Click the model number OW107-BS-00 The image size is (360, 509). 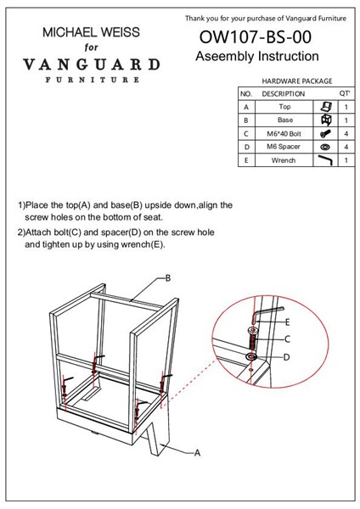pos(256,37)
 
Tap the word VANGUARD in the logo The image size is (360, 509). pos(92,64)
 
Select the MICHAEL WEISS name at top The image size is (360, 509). pos(92,32)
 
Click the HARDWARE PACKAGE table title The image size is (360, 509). pos(297,81)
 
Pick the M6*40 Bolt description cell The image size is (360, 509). pos(284,134)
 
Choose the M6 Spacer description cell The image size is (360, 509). pos(284,147)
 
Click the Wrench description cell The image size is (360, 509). pos(284,160)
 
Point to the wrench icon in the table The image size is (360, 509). pos(325,159)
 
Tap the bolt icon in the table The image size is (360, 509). pos(325,133)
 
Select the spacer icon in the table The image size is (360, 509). pos(325,147)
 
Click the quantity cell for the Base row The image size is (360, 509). pos(346,120)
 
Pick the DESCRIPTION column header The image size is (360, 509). pos(284,94)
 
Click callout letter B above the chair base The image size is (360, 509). pos(168,278)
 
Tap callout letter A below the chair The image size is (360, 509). pos(197,452)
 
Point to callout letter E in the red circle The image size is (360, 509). pos(287,322)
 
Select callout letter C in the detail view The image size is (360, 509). pos(287,339)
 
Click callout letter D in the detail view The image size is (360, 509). pos(287,357)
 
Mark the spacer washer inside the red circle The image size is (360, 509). pos(251,357)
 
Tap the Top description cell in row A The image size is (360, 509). pos(284,107)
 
